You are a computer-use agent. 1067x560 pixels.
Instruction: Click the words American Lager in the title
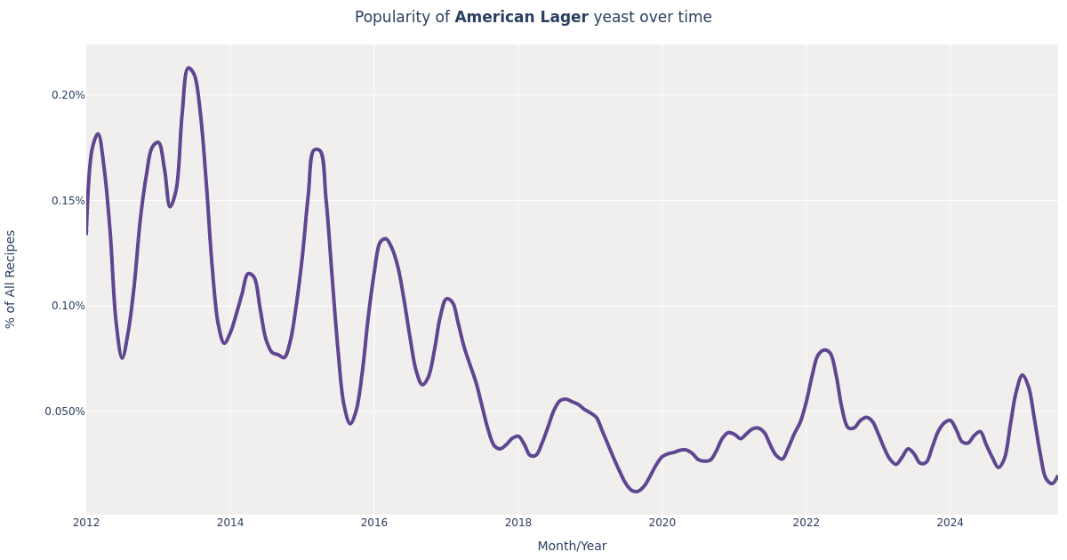click(x=521, y=18)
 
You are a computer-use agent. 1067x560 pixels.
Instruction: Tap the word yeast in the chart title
click(x=614, y=18)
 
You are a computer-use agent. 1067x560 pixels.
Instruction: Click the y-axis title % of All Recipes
click(x=12, y=279)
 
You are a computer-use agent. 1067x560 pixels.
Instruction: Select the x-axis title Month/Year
click(x=572, y=546)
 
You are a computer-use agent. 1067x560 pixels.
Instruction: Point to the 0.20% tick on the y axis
click(x=68, y=95)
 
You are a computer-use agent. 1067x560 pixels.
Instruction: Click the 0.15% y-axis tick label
click(x=68, y=201)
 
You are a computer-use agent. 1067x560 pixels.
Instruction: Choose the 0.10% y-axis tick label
click(x=68, y=306)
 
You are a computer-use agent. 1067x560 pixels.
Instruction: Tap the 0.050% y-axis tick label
click(x=65, y=412)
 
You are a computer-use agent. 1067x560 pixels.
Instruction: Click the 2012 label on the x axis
click(x=86, y=523)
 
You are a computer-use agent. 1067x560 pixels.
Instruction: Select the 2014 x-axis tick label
click(x=230, y=523)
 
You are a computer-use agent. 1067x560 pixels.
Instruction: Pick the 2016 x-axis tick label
click(x=374, y=523)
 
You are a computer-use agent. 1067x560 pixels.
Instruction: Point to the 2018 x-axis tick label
click(x=518, y=523)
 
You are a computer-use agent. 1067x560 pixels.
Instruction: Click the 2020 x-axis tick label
click(x=662, y=523)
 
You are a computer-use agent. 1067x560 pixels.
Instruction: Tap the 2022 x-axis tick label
click(x=806, y=523)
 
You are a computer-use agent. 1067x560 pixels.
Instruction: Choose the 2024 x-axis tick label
click(x=950, y=523)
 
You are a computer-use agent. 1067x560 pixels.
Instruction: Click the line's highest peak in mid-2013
click(x=189, y=68)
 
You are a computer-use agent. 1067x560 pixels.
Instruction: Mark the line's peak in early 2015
click(x=317, y=149)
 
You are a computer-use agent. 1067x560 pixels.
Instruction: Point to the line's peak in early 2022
click(x=824, y=350)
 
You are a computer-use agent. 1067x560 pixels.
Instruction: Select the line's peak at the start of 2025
click(x=1023, y=375)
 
